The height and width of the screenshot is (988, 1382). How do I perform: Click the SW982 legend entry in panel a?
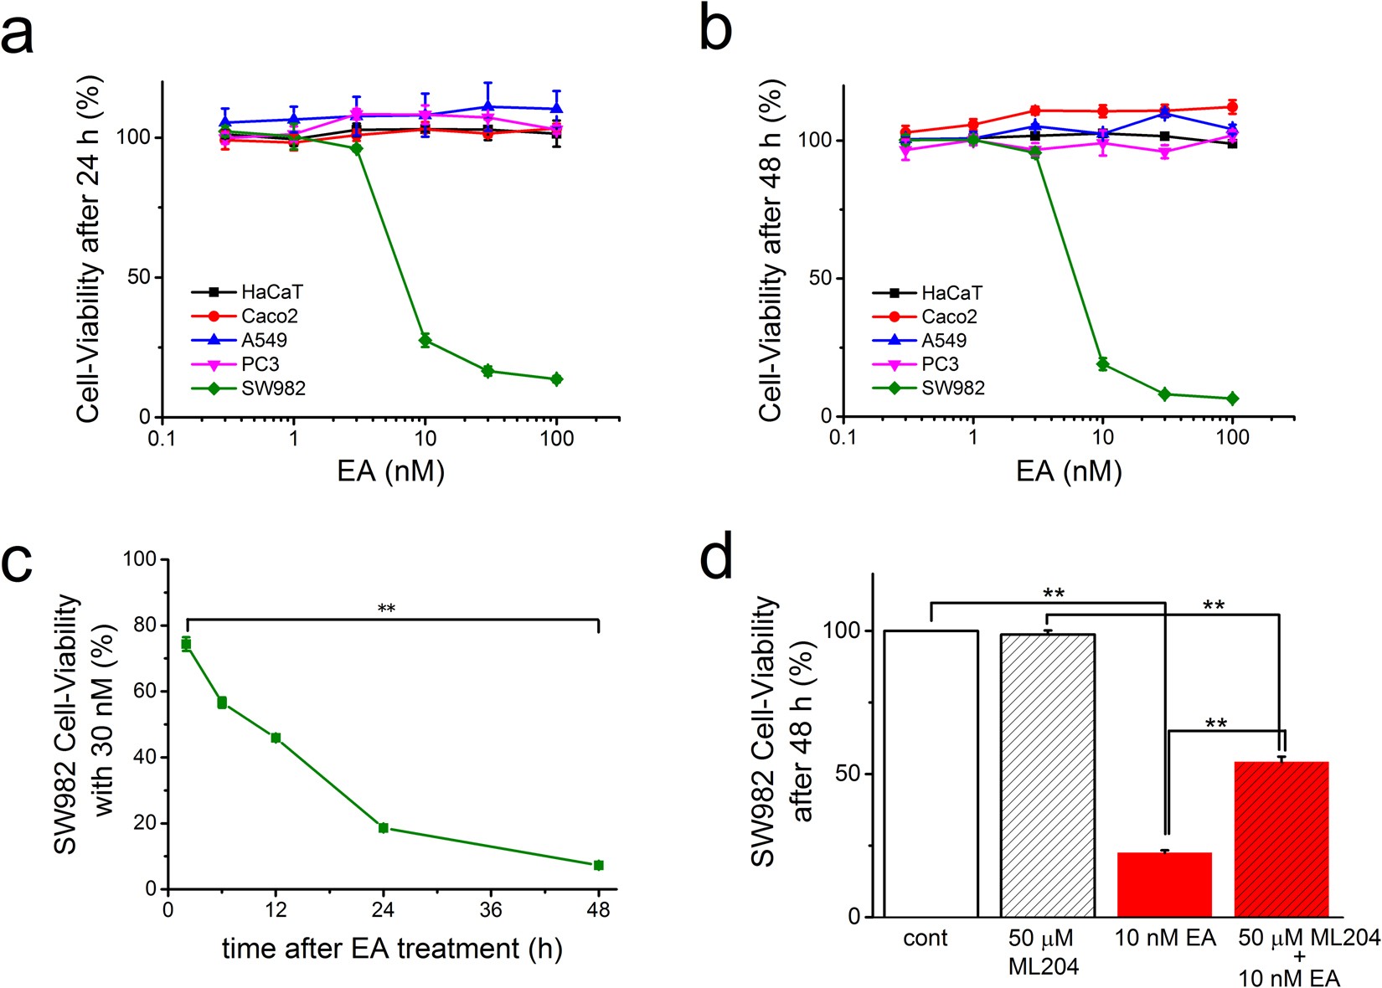272,389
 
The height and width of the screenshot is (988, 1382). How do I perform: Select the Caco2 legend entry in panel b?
948,316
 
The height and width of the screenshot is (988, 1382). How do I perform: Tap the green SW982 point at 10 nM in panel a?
425,340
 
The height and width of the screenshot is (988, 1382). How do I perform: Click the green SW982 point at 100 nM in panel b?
1232,399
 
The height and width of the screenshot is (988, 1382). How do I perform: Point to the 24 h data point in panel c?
384,828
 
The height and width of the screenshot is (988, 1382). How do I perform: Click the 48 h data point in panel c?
598,865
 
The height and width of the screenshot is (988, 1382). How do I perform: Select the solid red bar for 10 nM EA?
1164,884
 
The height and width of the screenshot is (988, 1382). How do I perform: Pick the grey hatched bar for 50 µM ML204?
1048,774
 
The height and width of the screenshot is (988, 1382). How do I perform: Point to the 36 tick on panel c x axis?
491,910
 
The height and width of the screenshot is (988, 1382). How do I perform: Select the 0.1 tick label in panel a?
162,439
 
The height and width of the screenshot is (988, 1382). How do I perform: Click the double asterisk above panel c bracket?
386,609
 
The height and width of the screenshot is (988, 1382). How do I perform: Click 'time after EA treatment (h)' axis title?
392,949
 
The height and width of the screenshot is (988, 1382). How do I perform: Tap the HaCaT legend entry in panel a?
271,292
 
